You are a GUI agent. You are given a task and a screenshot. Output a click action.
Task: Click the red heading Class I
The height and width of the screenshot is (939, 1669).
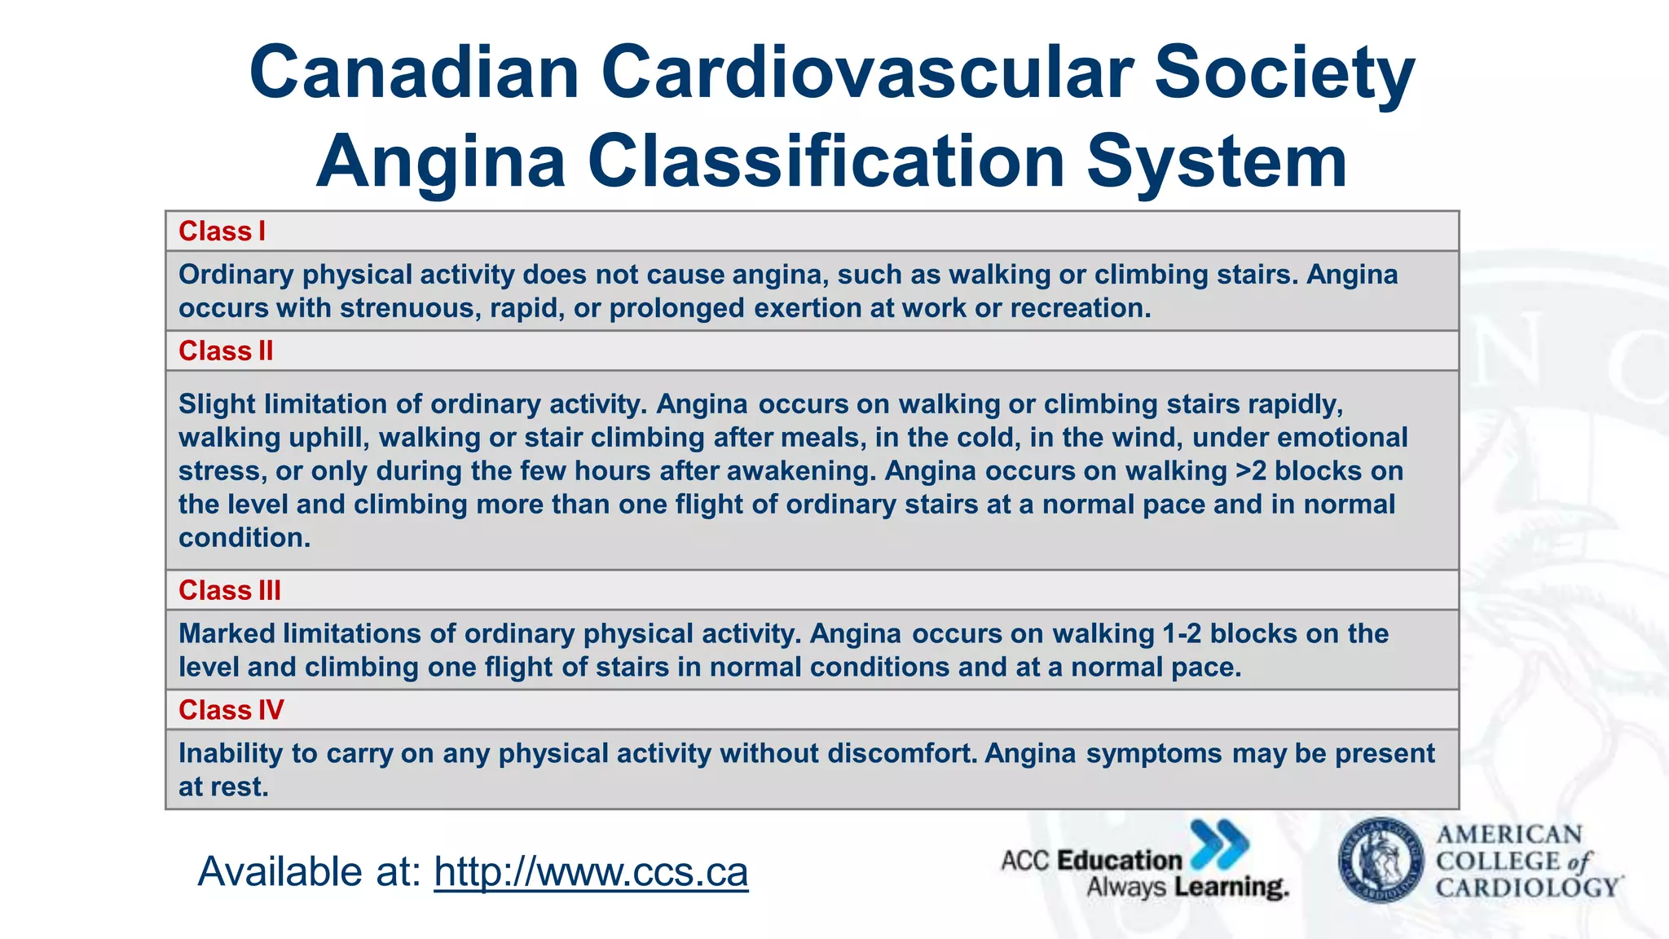(x=222, y=231)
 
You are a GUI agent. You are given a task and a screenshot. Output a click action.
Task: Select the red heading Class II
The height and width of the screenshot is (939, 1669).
(x=226, y=351)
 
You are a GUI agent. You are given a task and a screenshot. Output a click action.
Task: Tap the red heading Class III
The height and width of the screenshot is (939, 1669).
(x=229, y=590)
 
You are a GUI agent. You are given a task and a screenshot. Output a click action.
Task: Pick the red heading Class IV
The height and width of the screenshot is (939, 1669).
(x=231, y=710)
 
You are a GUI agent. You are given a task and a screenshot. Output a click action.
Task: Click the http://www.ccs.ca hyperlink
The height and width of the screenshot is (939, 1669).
(x=591, y=871)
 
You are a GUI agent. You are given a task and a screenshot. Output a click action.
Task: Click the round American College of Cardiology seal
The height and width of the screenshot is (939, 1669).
(x=1381, y=861)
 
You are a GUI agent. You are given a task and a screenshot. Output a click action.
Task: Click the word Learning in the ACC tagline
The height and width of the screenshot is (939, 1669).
(x=1231, y=888)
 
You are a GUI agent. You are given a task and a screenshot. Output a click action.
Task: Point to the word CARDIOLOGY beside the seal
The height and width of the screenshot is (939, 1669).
(x=1527, y=888)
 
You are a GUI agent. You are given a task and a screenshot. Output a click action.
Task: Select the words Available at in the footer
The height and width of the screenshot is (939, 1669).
(x=309, y=871)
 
